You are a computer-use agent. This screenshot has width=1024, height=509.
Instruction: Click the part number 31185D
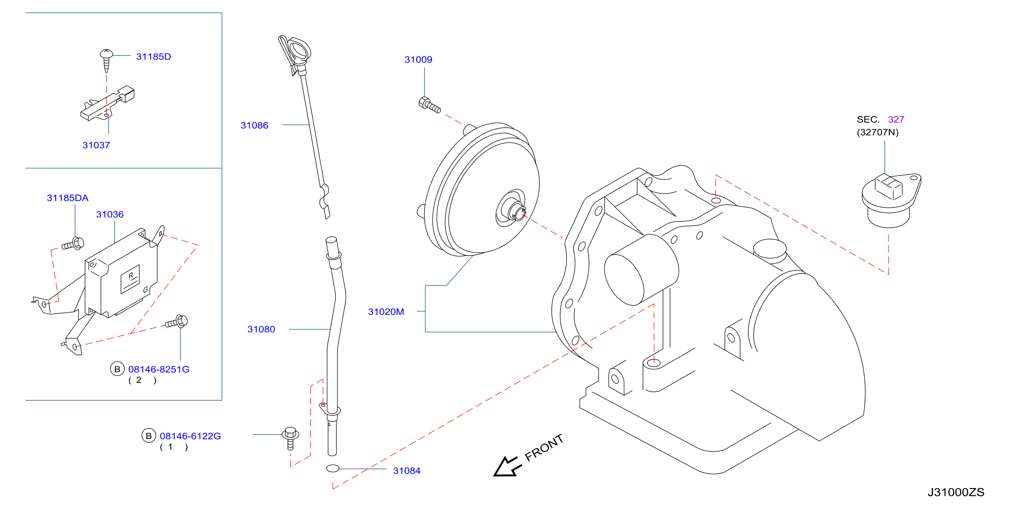tap(153, 57)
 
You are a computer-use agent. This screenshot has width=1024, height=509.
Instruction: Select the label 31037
tap(96, 145)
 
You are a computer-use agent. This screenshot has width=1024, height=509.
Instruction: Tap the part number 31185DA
tap(68, 198)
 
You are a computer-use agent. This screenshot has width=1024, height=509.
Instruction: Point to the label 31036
tap(110, 214)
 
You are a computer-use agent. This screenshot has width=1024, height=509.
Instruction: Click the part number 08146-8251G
tap(159, 369)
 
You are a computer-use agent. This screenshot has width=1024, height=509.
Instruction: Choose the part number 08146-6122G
tap(190, 436)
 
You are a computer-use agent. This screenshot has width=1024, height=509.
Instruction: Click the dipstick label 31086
tap(254, 125)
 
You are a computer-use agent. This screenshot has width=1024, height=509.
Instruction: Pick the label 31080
tap(261, 329)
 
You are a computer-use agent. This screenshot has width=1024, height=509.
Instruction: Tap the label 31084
tap(407, 471)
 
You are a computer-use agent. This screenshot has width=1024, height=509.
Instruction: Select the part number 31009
tap(418, 60)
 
